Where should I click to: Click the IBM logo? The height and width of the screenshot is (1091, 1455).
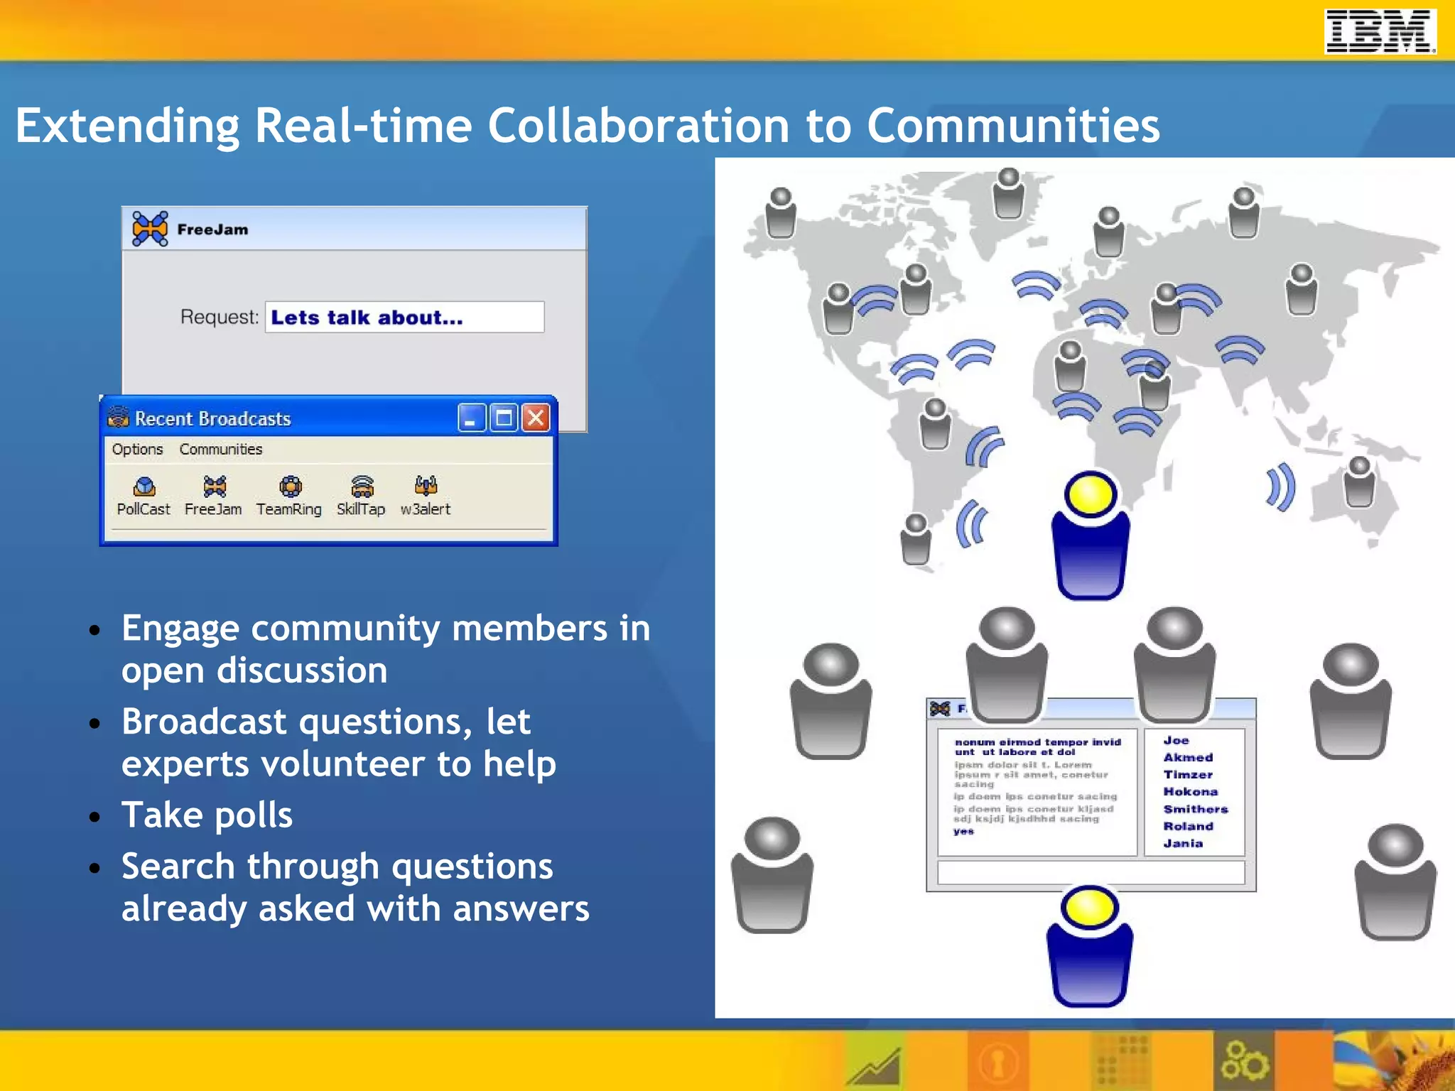pos(1380,31)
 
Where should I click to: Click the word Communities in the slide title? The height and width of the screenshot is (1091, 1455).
pos(1012,126)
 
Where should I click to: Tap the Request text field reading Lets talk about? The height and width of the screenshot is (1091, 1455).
pos(404,317)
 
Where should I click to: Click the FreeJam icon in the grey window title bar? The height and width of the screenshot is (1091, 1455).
pos(150,229)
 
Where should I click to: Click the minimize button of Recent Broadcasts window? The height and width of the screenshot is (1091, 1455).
pos(471,418)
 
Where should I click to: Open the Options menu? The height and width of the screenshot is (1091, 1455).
pos(137,449)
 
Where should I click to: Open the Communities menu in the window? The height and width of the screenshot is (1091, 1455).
pos(220,449)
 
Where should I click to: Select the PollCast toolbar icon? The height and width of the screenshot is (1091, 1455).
pos(144,487)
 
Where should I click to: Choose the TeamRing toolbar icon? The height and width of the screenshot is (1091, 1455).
pos(289,487)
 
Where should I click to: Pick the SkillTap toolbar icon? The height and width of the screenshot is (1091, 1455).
pos(362,487)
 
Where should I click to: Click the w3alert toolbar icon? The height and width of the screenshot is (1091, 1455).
pos(426,486)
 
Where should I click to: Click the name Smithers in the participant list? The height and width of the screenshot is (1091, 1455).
pos(1195,809)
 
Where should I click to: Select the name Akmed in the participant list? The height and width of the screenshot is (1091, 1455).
pos(1188,757)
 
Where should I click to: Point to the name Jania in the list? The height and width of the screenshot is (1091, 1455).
pos(1183,843)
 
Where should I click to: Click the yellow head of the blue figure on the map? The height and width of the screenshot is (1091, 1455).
pos(1090,494)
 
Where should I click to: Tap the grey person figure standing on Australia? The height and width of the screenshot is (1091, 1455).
pos(1359,483)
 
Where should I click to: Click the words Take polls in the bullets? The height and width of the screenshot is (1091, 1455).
pos(207,815)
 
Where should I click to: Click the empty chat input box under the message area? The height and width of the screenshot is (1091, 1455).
pos(1090,872)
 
